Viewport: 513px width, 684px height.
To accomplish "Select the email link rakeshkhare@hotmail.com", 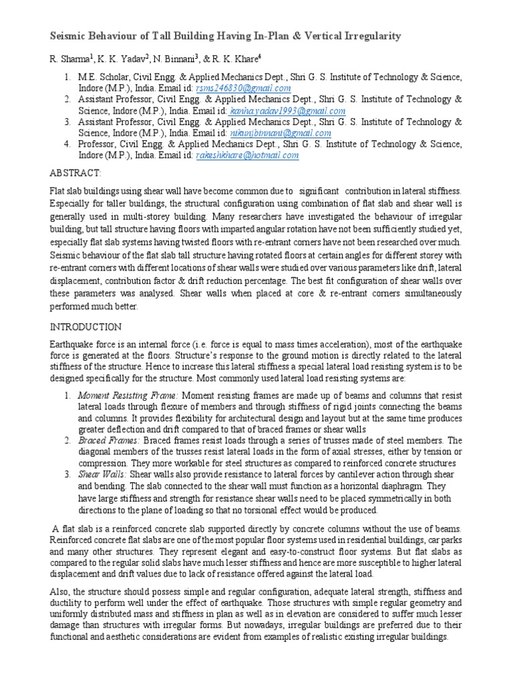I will [247, 155].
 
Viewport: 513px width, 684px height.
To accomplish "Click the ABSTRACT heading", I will [76, 174].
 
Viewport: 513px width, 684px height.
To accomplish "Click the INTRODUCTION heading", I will [86, 327].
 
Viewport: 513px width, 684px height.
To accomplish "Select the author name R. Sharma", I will [70, 60].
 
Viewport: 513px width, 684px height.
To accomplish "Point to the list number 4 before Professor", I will [67, 144].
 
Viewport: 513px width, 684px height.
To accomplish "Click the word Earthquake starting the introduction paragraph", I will [73, 345].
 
